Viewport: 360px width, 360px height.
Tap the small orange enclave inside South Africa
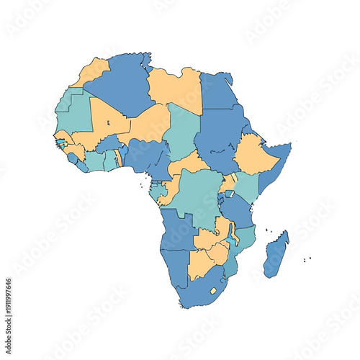click(x=213, y=291)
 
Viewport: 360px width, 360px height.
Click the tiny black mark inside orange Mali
click(x=108, y=123)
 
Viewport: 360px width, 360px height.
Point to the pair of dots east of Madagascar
click(x=307, y=258)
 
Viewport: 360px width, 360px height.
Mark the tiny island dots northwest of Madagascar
click(x=269, y=231)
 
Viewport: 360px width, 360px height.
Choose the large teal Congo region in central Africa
click(x=198, y=191)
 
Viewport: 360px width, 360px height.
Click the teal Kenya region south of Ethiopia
click(x=247, y=186)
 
